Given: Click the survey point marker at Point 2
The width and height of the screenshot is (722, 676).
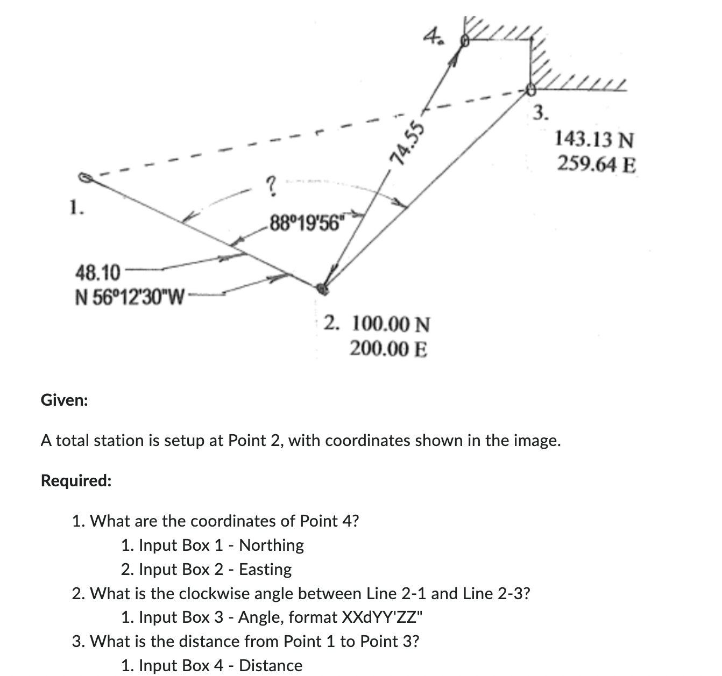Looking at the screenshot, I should (x=322, y=289).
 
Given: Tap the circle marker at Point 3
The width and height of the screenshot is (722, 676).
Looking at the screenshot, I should (x=531, y=90).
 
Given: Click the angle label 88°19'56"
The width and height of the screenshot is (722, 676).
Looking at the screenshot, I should (x=307, y=221).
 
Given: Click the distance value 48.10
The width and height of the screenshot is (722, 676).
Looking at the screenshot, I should (x=97, y=273).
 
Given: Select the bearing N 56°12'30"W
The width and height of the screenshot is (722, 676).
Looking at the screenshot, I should (x=129, y=296).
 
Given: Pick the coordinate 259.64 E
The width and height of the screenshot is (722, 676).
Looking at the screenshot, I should (x=596, y=163).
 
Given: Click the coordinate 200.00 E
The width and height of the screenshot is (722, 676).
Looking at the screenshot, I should (x=388, y=349).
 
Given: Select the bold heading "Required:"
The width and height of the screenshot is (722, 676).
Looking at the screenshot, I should (x=76, y=480).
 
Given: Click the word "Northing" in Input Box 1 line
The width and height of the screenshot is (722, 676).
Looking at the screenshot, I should (x=271, y=545).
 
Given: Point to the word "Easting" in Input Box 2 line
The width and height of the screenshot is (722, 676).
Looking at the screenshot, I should (x=265, y=569).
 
